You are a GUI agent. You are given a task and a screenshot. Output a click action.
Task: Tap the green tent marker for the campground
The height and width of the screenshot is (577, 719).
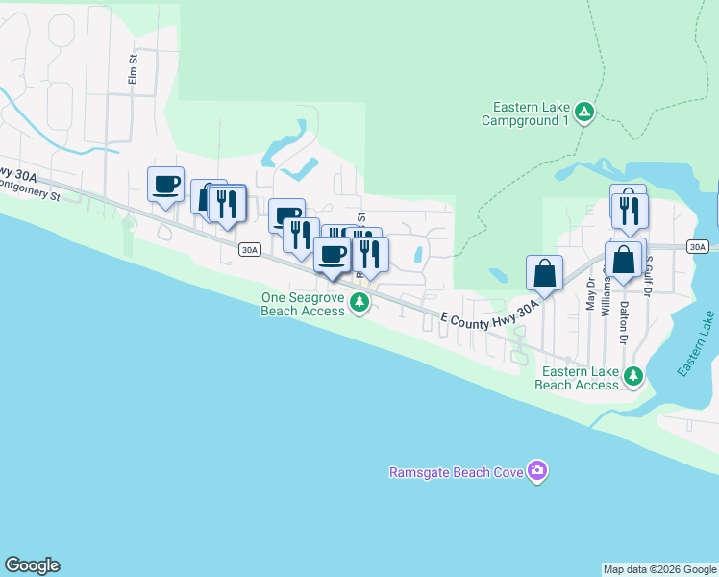pyautogui.click(x=584, y=113)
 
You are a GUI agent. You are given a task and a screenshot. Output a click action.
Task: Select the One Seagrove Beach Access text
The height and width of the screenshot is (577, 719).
pyautogui.click(x=302, y=304)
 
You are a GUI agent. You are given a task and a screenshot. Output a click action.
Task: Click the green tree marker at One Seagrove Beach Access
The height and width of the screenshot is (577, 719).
pyautogui.click(x=359, y=304)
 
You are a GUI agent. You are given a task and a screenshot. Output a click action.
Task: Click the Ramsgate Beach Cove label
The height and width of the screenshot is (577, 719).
pyautogui.click(x=456, y=472)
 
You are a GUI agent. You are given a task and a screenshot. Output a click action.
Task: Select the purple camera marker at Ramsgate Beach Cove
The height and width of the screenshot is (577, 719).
pyautogui.click(x=537, y=471)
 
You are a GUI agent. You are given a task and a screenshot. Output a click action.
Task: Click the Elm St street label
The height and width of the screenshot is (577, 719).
pyautogui.click(x=135, y=70)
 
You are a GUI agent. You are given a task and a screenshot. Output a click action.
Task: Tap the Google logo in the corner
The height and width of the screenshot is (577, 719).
pyautogui.click(x=32, y=565)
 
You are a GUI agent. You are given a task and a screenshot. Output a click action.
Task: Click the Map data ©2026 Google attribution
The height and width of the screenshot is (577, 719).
pyautogui.click(x=659, y=569)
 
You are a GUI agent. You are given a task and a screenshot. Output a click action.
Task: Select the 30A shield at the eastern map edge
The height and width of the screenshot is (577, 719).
pyautogui.click(x=699, y=247)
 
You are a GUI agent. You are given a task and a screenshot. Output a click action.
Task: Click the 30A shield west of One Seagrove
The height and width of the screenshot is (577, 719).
pyautogui.click(x=249, y=250)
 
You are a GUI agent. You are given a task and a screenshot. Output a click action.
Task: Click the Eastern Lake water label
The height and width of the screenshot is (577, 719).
pyautogui.click(x=696, y=344)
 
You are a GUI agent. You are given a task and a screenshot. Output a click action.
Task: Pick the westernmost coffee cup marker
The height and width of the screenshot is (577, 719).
pyautogui.click(x=165, y=184)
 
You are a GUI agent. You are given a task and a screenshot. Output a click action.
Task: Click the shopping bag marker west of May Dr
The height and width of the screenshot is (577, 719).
pyautogui.click(x=545, y=272)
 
